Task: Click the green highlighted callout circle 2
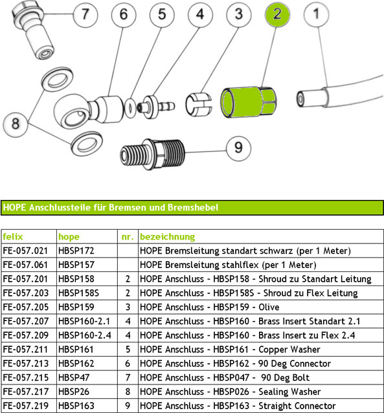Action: (x=277, y=14)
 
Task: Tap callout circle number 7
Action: (x=85, y=14)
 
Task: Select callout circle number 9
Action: (x=238, y=148)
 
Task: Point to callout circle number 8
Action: (x=16, y=124)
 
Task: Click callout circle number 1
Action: (x=316, y=14)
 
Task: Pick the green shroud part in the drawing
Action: (x=248, y=102)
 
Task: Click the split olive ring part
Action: (x=199, y=104)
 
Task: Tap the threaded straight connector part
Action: (x=152, y=154)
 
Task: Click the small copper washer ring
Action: (x=130, y=107)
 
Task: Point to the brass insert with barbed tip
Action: (x=157, y=106)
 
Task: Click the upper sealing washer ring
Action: (x=57, y=79)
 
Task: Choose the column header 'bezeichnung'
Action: (x=167, y=236)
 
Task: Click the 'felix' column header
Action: (x=13, y=236)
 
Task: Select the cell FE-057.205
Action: (x=25, y=307)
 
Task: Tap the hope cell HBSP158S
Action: (x=78, y=293)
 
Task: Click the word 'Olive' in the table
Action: (x=269, y=307)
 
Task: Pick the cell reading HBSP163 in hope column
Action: (x=76, y=406)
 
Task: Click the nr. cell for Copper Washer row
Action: (x=128, y=350)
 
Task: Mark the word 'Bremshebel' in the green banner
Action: (x=193, y=208)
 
